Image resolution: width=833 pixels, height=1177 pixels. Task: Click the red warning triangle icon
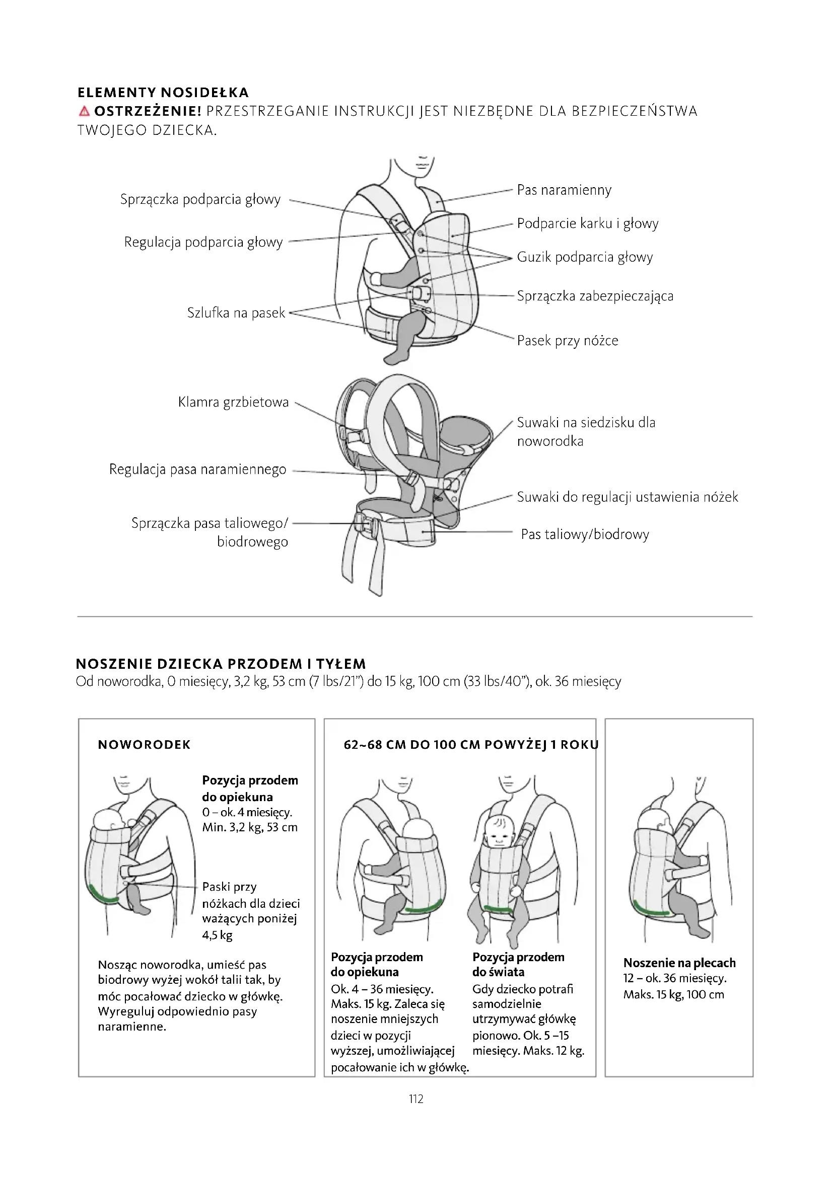84,111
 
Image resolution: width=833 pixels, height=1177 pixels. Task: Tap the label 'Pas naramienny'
564,190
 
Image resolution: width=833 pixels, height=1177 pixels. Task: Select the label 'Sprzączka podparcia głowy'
200,199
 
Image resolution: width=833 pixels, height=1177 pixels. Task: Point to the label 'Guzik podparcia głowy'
584,257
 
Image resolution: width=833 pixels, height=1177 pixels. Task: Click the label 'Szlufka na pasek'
235,312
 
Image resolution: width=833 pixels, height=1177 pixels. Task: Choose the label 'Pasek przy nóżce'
567,340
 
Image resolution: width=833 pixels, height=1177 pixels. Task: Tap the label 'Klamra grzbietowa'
233,402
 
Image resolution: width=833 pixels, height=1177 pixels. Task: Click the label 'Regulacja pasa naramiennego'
197,469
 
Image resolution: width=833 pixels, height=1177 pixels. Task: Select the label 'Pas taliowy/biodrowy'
585,534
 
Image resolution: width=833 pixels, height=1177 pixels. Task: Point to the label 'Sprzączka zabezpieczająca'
594,296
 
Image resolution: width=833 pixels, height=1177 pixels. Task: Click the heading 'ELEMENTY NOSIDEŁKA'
163,93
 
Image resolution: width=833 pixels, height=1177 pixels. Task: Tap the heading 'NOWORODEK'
144,745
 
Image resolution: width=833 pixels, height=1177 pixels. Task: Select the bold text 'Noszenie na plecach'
679,963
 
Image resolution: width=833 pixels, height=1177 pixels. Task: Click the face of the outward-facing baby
497,839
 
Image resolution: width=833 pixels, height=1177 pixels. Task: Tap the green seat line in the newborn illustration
103,895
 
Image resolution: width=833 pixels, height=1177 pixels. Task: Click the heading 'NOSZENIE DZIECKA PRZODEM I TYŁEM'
221,664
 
